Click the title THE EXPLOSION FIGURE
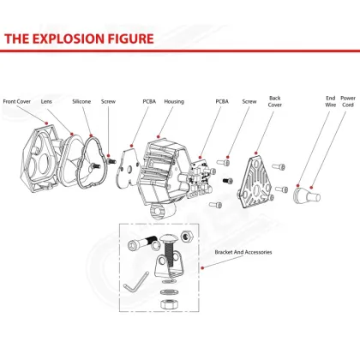[79, 39]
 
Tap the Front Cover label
[17, 101]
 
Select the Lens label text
[46, 101]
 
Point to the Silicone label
[81, 101]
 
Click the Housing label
[174, 101]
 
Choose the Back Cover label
[275, 101]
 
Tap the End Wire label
[331, 101]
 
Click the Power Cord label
[348, 101]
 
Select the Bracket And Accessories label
[243, 252]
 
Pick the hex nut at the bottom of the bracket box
[169, 303]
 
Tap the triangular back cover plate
[255, 183]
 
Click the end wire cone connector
[300, 195]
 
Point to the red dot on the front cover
[47, 123]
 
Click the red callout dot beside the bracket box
[202, 267]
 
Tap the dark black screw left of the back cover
[228, 181]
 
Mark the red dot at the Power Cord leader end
[311, 188]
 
